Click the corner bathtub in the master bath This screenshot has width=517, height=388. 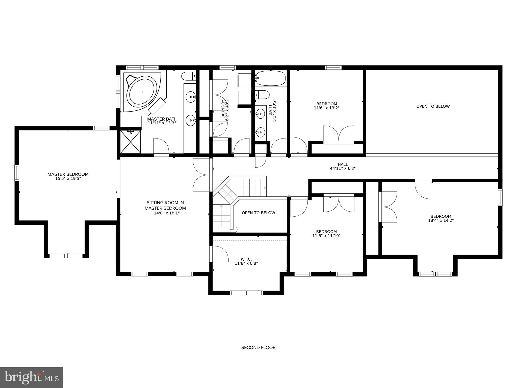(x=143, y=92)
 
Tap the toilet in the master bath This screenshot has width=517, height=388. (x=189, y=76)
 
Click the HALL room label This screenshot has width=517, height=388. (x=343, y=164)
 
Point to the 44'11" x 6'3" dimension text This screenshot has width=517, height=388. (x=343, y=168)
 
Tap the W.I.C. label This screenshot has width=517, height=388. (x=246, y=259)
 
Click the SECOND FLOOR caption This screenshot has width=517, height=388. (x=258, y=348)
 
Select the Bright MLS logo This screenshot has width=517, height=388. (x=31, y=378)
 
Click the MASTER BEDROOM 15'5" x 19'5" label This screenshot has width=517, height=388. (x=68, y=176)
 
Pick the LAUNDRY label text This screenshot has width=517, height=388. (x=223, y=109)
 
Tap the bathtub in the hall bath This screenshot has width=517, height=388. (x=270, y=78)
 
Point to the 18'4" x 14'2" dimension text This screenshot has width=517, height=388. (x=441, y=220)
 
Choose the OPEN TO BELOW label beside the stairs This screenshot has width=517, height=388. (x=258, y=213)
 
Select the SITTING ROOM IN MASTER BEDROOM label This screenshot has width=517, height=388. (x=165, y=205)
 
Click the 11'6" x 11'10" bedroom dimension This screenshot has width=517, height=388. (x=326, y=236)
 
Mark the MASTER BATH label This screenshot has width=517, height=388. (x=162, y=119)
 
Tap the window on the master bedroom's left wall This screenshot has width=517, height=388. (x=17, y=173)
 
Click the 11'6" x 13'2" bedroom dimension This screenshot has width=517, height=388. (x=327, y=108)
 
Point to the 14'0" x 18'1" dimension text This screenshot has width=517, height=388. (x=165, y=213)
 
